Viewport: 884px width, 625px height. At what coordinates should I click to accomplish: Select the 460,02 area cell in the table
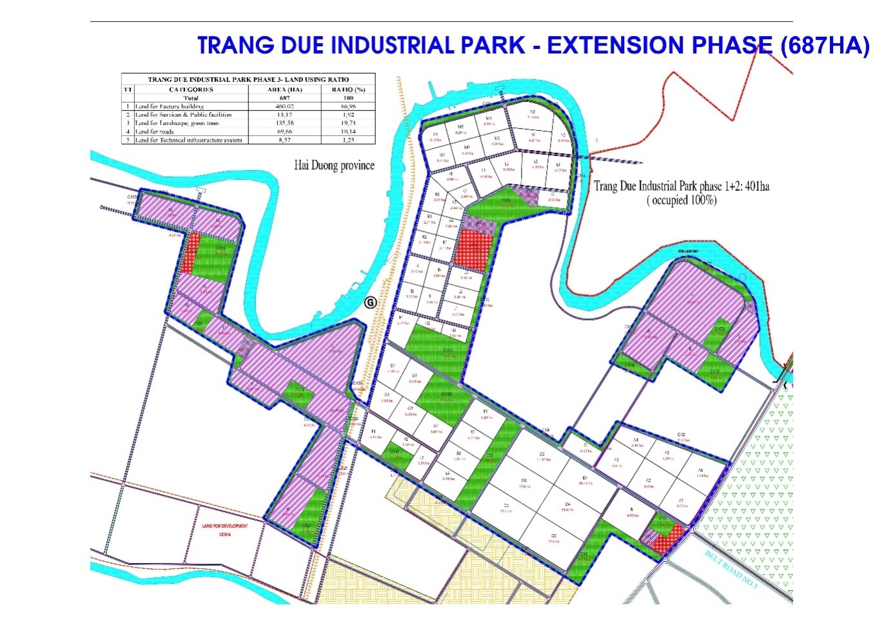tap(285, 106)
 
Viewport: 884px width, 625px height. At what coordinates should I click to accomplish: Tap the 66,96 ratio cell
tap(348, 106)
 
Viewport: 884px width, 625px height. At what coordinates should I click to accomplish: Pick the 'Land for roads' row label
tap(155, 132)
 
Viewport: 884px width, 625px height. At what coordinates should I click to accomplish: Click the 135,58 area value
tap(285, 123)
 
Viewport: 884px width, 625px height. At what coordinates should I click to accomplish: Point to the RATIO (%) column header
tap(348, 90)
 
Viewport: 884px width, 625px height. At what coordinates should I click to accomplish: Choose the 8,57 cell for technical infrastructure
tap(285, 140)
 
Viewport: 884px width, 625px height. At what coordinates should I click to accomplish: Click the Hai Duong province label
tap(334, 165)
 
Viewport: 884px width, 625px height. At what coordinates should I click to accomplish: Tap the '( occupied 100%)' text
tap(682, 201)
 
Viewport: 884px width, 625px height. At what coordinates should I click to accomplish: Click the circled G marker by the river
tap(370, 302)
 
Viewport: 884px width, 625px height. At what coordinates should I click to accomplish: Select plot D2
tap(542, 457)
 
